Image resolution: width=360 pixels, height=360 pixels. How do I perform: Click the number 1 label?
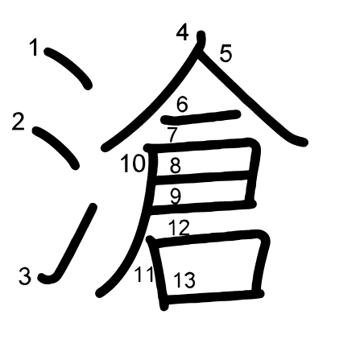pyautogui.click(x=34, y=48)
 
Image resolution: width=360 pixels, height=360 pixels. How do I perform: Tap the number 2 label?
pyautogui.click(x=19, y=122)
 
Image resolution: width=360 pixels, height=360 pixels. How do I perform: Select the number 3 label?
pyautogui.click(x=25, y=277)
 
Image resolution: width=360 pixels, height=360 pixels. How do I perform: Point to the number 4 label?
pyautogui.click(x=183, y=32)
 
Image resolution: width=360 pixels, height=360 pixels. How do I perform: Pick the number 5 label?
pyautogui.click(x=226, y=54)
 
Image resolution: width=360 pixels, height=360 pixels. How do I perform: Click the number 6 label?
pyautogui.click(x=182, y=104)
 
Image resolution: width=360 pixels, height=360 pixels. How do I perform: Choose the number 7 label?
pyautogui.click(x=172, y=134)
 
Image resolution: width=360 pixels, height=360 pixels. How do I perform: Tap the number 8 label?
pyautogui.click(x=175, y=167)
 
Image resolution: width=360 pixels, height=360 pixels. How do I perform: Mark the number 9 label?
pyautogui.click(x=175, y=196)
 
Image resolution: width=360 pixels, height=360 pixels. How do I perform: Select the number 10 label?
pyautogui.click(x=133, y=165)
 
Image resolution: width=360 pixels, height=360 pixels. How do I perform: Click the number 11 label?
pyautogui.click(x=144, y=275)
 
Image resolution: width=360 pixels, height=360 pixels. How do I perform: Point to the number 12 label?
pyautogui.click(x=179, y=228)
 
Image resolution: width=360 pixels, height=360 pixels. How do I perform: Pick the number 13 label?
pyautogui.click(x=184, y=280)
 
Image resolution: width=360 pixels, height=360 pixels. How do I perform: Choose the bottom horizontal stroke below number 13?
pyautogui.click(x=213, y=300)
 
